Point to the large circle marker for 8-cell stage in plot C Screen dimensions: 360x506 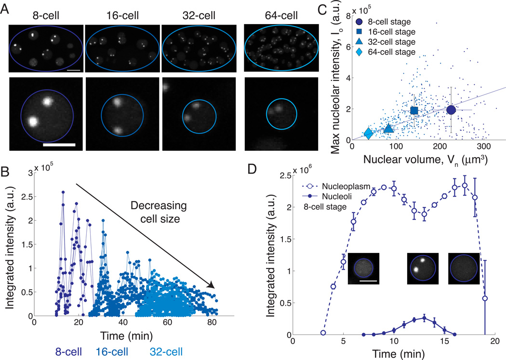tap(452, 110)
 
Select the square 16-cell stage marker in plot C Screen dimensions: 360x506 tap(413, 110)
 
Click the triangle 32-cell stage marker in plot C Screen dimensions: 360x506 tap(388, 128)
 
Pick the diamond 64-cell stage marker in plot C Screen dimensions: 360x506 tap(368, 133)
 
